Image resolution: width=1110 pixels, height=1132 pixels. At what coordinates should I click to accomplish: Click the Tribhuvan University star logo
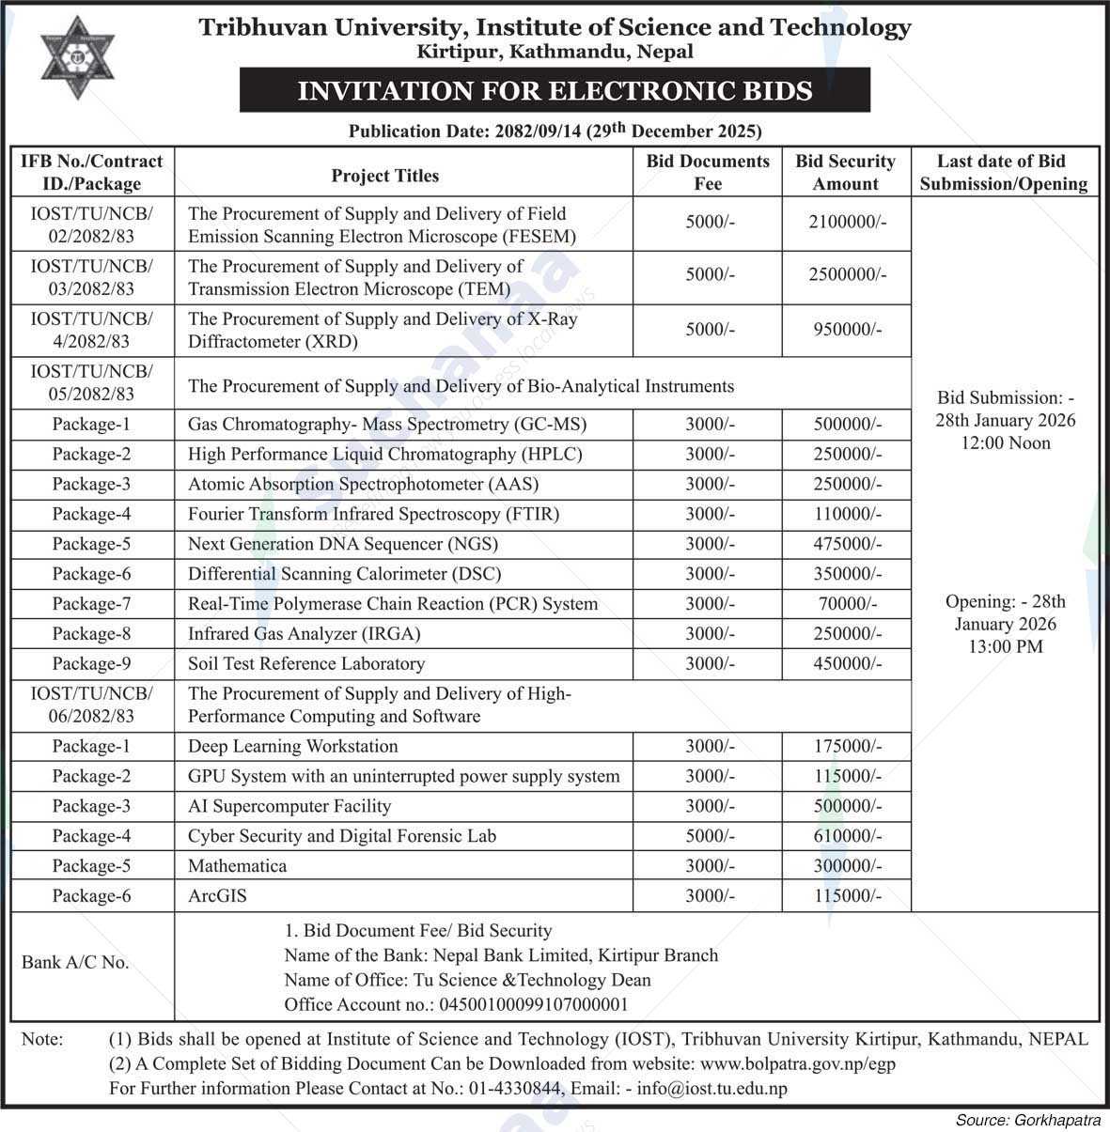click(77, 57)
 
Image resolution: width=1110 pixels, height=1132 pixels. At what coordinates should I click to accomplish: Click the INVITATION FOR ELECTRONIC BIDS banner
click(555, 91)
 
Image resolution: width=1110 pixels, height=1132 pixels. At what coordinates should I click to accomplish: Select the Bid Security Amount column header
click(845, 172)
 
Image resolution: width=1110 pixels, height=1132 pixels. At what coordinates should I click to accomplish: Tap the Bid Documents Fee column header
click(707, 172)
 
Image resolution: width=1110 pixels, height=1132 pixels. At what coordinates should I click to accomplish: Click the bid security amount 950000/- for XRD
click(847, 329)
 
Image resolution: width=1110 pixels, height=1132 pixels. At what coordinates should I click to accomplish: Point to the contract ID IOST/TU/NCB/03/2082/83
click(91, 277)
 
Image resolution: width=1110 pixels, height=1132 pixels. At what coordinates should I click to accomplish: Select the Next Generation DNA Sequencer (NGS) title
click(343, 544)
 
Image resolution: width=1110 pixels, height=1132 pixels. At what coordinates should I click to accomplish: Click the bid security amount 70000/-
click(847, 604)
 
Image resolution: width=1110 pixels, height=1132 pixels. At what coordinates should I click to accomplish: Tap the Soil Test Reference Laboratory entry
click(306, 664)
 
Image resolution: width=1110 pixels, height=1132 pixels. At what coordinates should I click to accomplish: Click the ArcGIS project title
click(217, 896)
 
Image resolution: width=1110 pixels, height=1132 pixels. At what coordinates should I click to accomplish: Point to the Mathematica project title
click(237, 866)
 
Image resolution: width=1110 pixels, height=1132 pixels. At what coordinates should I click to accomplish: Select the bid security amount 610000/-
click(847, 836)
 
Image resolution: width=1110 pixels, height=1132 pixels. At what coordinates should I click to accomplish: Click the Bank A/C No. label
click(75, 963)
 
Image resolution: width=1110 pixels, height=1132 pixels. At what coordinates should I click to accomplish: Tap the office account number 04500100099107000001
click(533, 1005)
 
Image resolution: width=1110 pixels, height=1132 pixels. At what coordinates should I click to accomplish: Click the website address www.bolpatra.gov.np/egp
click(798, 1064)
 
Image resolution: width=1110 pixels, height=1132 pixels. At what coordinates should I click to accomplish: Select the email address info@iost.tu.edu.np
click(711, 1089)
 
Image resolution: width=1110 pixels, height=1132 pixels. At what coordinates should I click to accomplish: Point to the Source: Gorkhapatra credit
click(1028, 1120)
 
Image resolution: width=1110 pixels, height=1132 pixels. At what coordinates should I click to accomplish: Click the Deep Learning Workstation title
click(293, 747)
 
